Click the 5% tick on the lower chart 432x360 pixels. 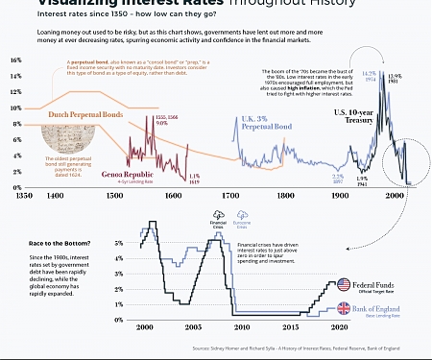point(118,244)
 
